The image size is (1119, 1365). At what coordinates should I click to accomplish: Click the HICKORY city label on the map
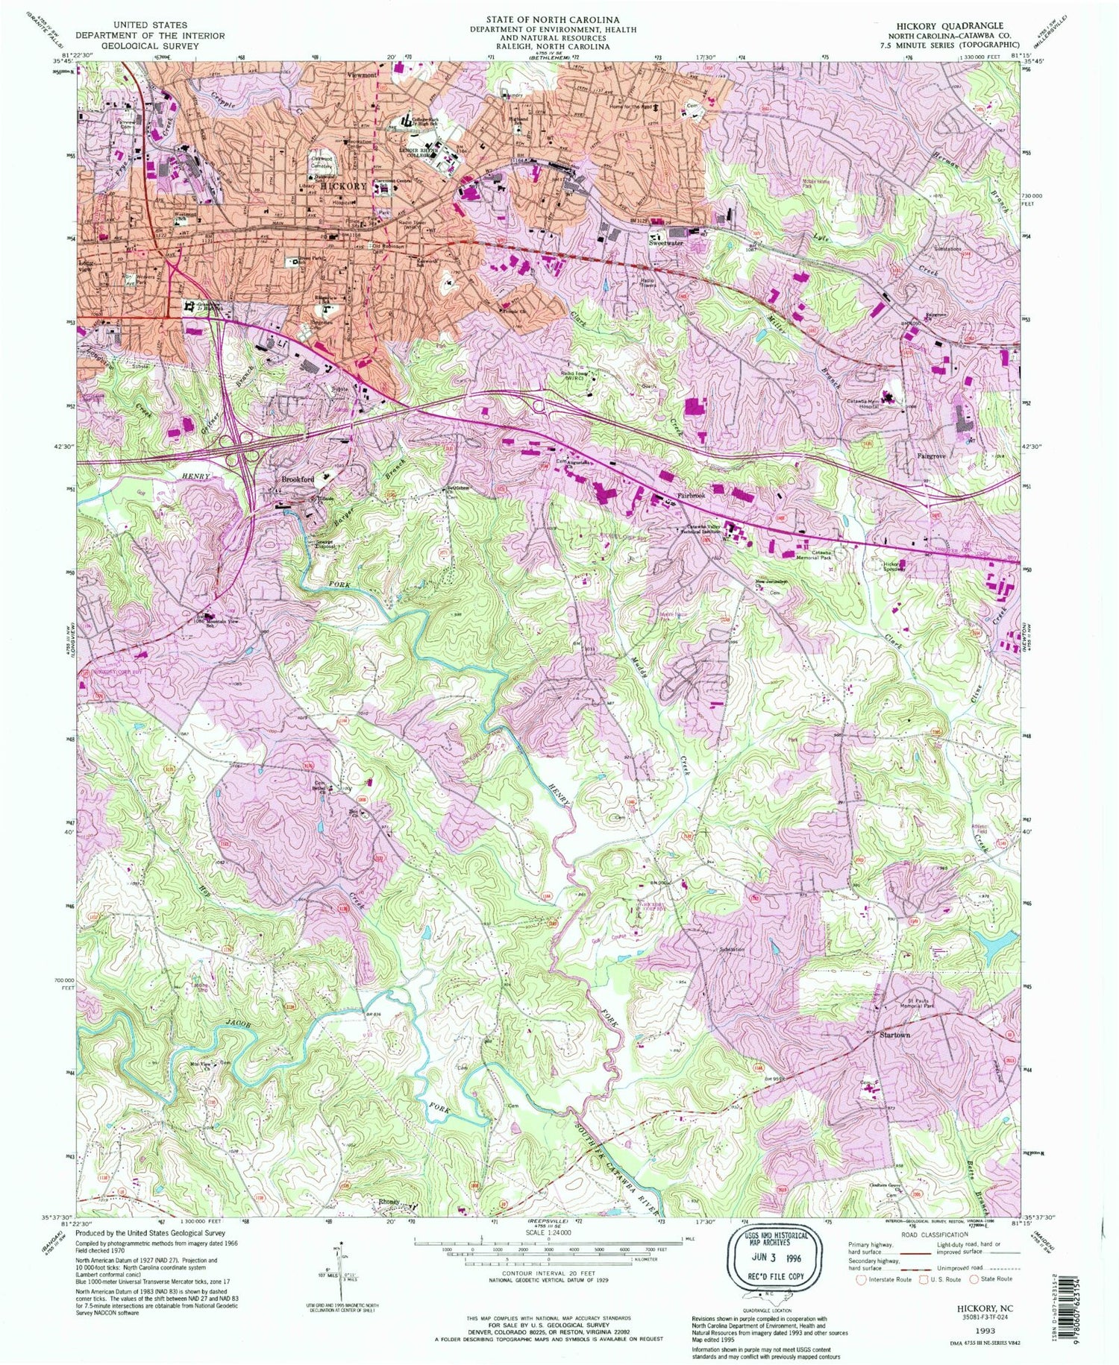[344, 186]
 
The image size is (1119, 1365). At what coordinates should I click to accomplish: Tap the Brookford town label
[297, 479]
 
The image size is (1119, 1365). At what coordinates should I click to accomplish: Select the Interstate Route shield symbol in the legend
[862, 1279]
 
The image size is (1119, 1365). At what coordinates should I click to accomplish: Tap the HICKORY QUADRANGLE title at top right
[940, 26]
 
